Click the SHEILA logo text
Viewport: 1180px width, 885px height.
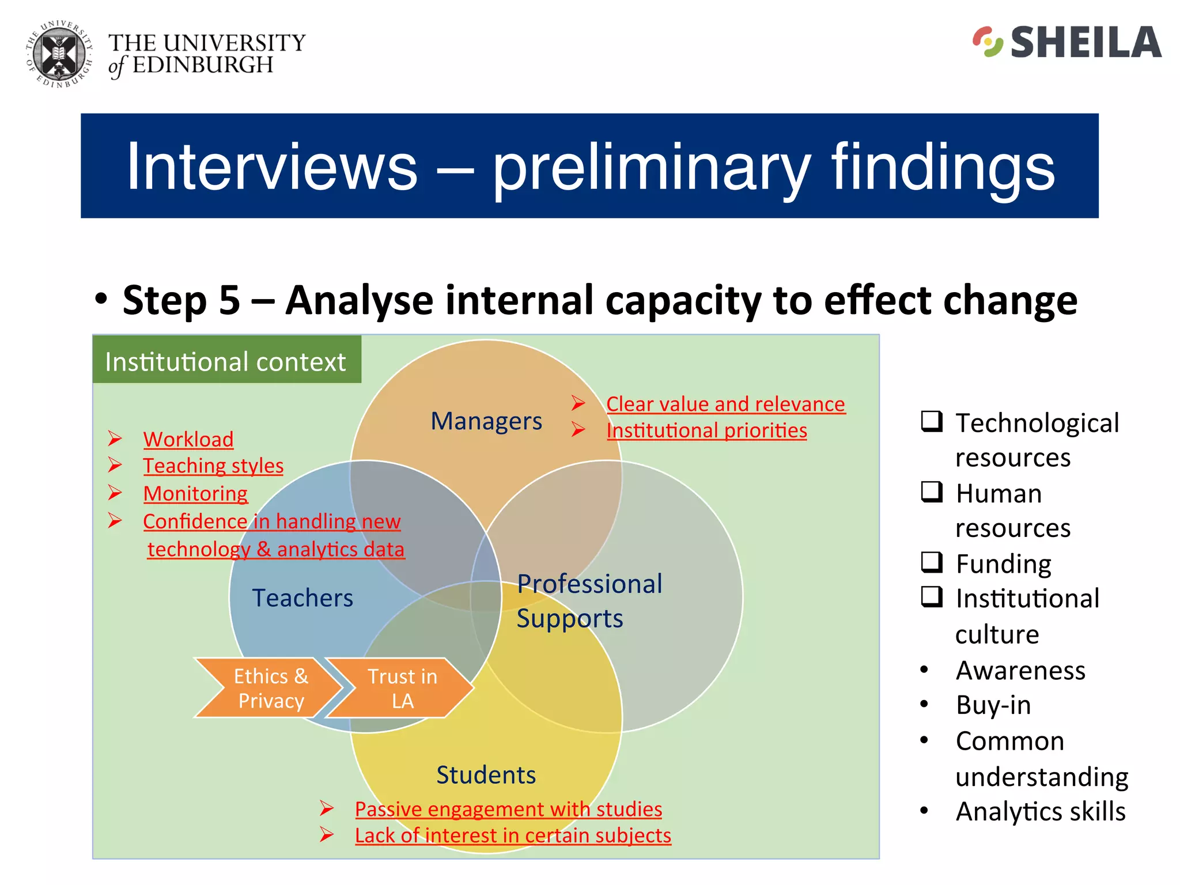[1086, 43]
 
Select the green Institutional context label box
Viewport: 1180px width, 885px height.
[226, 361]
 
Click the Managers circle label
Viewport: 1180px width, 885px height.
[486, 421]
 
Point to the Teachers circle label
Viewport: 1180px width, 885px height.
[302, 598]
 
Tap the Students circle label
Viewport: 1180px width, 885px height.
[486, 775]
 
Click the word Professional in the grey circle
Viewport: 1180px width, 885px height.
[589, 584]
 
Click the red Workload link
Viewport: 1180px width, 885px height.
[188, 440]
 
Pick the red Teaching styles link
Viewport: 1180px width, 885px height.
[213, 466]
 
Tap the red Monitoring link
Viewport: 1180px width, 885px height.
[195, 494]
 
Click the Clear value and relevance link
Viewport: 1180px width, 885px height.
[725, 404]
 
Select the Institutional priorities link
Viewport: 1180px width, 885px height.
[706, 430]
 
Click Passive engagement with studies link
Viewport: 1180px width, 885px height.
[508, 809]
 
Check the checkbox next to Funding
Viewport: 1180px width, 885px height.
[932, 562]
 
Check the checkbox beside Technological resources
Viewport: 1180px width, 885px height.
[932, 421]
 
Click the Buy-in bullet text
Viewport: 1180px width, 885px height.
[993, 705]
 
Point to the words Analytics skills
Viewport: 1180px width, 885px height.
[1040, 812]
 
